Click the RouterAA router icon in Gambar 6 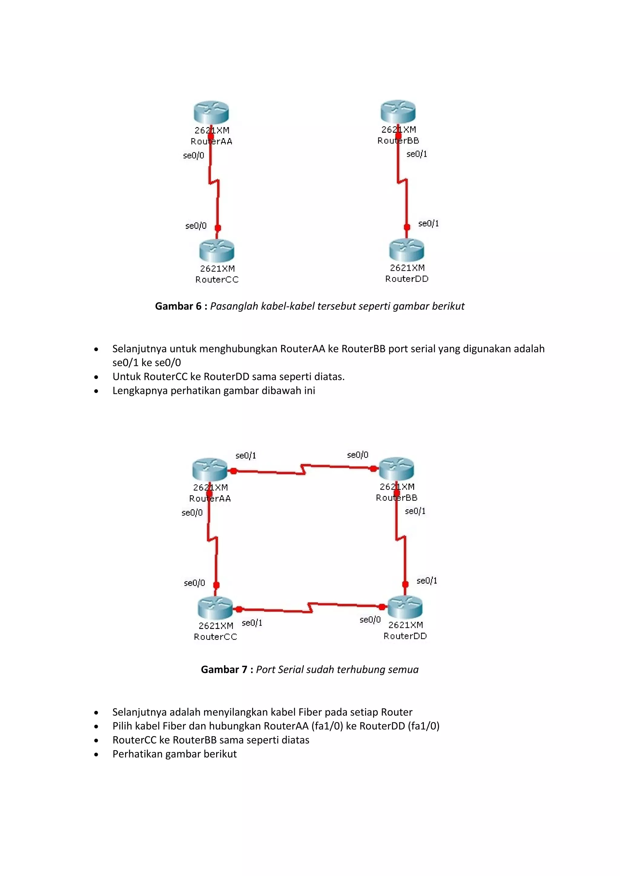211,112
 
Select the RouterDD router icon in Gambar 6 407,250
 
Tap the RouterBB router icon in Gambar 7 397,469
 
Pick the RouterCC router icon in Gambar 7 215,608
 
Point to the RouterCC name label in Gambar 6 217,280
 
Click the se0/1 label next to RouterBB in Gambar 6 417,154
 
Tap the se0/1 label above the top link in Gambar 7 246,456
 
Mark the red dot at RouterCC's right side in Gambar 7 239,609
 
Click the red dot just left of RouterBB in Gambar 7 373,469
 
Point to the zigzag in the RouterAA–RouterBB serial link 304,469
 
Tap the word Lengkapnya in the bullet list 140,391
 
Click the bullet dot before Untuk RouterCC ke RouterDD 96,377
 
